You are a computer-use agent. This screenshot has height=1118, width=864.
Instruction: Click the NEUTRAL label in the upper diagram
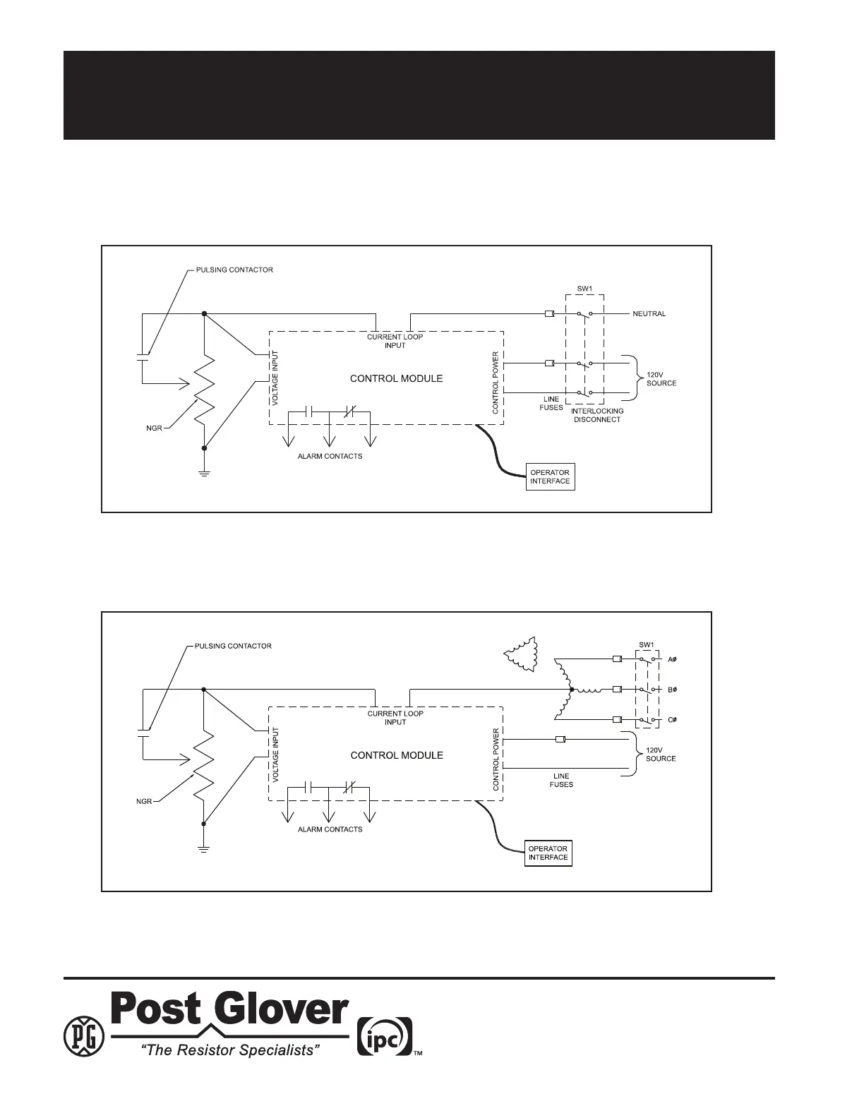click(x=649, y=314)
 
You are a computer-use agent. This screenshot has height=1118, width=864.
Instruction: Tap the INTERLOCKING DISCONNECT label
click(x=596, y=415)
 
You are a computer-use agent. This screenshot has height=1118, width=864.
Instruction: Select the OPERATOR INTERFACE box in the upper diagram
click(x=550, y=477)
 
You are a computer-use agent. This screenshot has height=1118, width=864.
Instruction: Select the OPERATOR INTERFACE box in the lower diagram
click(x=548, y=853)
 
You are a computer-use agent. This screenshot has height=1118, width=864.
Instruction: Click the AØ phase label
click(x=673, y=660)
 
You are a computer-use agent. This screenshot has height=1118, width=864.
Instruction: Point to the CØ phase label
click(x=673, y=720)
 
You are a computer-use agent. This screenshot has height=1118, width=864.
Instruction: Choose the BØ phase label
click(x=673, y=690)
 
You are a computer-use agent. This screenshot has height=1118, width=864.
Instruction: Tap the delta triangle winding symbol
click(x=522, y=654)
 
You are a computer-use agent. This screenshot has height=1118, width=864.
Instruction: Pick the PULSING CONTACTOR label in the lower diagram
click(x=234, y=646)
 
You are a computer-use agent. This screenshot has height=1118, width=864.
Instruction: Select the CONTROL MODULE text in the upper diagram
click(x=397, y=378)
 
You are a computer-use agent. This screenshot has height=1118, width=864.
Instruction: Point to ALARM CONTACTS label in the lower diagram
click(x=330, y=829)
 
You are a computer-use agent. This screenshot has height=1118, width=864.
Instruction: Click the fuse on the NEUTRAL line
click(x=549, y=313)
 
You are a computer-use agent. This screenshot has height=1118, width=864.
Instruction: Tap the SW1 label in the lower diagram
click(x=647, y=645)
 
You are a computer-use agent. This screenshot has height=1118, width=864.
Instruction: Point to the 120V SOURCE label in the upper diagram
click(x=661, y=378)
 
